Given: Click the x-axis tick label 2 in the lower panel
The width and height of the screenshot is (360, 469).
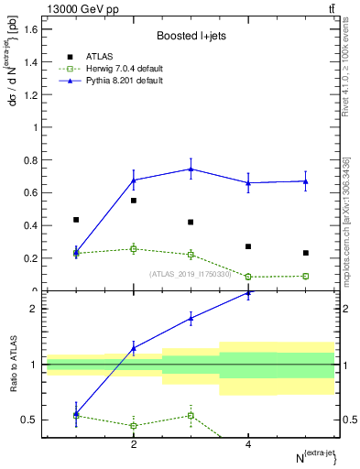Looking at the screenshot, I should pos(134,444).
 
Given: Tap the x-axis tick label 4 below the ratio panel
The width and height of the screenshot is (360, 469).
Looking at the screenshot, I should pos(248,444).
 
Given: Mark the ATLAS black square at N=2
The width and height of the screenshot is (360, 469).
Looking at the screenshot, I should pos(134,201).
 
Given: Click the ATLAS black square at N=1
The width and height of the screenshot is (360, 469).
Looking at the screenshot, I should pos(76,220).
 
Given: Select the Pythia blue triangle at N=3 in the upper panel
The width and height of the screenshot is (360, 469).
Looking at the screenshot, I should pos(191,169).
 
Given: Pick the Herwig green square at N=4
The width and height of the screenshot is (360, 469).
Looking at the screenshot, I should pos(248,277).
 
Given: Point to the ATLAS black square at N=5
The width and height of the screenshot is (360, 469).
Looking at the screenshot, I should pos(306,253).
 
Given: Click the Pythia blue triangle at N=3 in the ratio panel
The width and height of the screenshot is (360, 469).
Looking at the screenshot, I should pos(191,318).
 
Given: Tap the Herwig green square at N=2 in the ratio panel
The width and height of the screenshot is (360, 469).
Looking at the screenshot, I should pos(134,425).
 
